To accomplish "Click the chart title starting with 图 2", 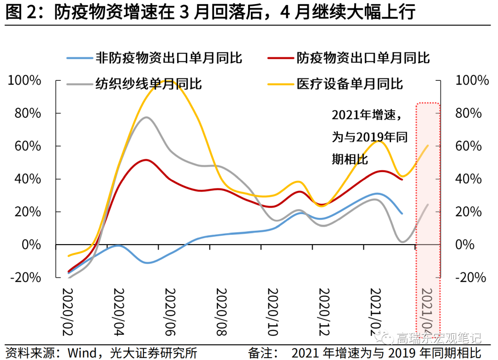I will [210, 12].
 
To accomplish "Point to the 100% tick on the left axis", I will [25, 80].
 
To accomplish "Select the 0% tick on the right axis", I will [465, 245].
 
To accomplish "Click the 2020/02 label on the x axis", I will [68, 312].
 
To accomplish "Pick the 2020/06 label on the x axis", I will [171, 312].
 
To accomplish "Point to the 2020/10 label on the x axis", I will [274, 312].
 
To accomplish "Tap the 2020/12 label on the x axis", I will [326, 312].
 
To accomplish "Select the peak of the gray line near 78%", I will [146, 117].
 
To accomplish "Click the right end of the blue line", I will [402, 214].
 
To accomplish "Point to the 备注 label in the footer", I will [261, 354].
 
